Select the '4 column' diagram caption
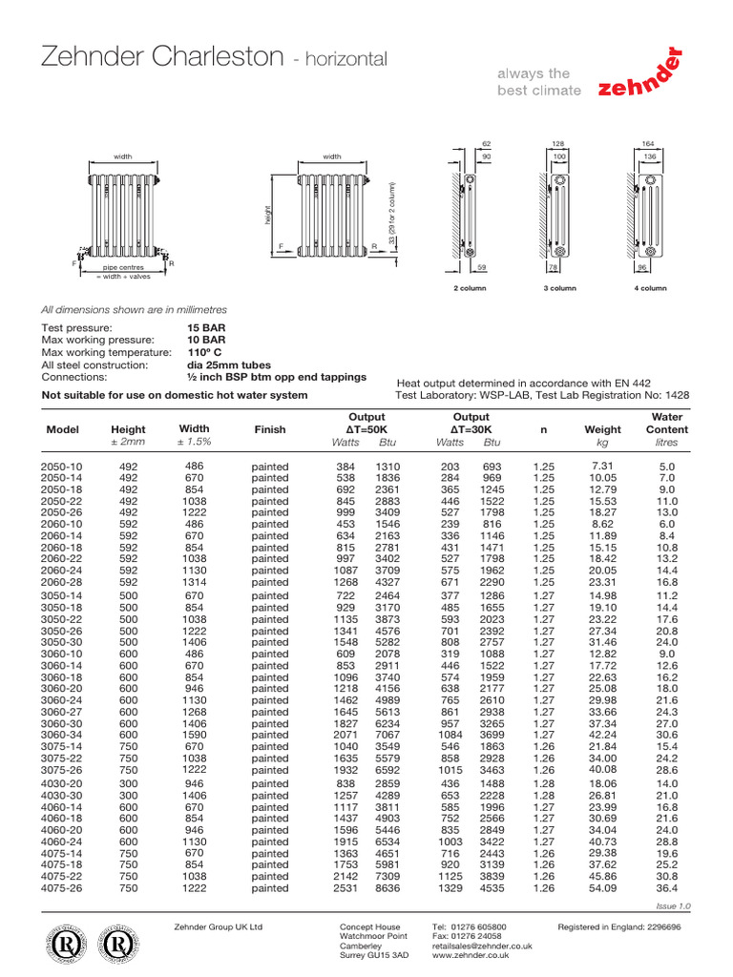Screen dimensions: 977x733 pyautogui.click(x=649, y=287)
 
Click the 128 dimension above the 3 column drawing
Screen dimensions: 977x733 pyautogui.click(x=559, y=144)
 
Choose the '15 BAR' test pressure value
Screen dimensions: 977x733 pyautogui.click(x=207, y=327)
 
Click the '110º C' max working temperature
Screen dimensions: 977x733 pyautogui.click(x=205, y=352)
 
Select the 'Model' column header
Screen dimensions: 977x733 pyautogui.click(x=63, y=429)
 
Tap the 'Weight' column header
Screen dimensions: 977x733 pyautogui.click(x=602, y=429)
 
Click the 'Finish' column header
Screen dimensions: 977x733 pyautogui.click(x=269, y=429)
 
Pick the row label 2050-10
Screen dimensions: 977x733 pyautogui.click(x=63, y=466)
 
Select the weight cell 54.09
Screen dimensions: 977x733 pyautogui.click(x=602, y=888)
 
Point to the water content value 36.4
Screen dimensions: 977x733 pyautogui.click(x=666, y=888)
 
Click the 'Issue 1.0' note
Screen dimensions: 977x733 pyautogui.click(x=672, y=905)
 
